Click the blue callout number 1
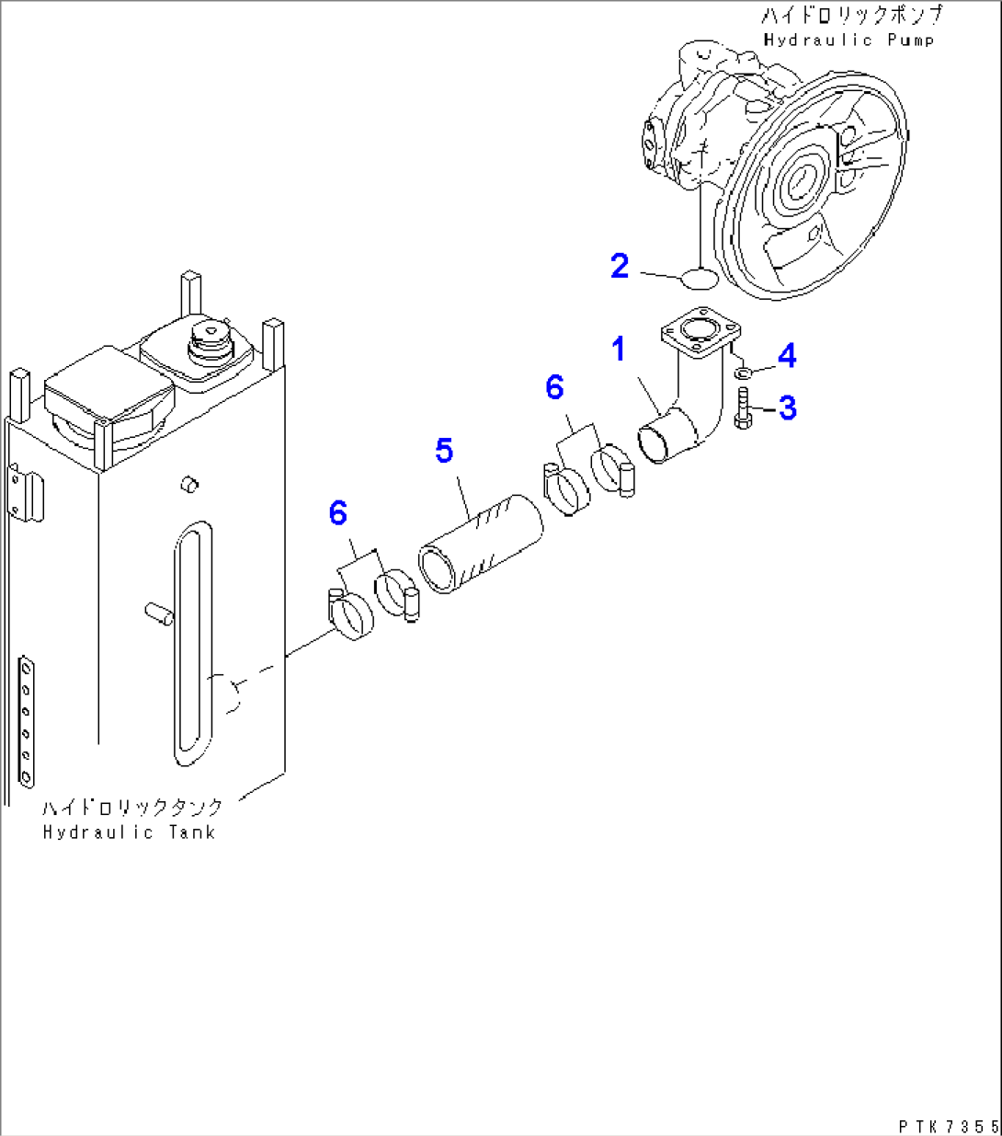pos(619,350)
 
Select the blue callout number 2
pos(621,266)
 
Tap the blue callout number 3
pos(788,408)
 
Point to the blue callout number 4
pos(787,356)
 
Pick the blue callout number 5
pos(444,451)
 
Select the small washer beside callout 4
pos(743,374)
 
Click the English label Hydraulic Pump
pos(848,40)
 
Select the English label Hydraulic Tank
pos(129,832)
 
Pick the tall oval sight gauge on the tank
pos(195,644)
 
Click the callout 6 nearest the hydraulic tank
pos(337,514)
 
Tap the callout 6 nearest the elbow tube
pos(554,387)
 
